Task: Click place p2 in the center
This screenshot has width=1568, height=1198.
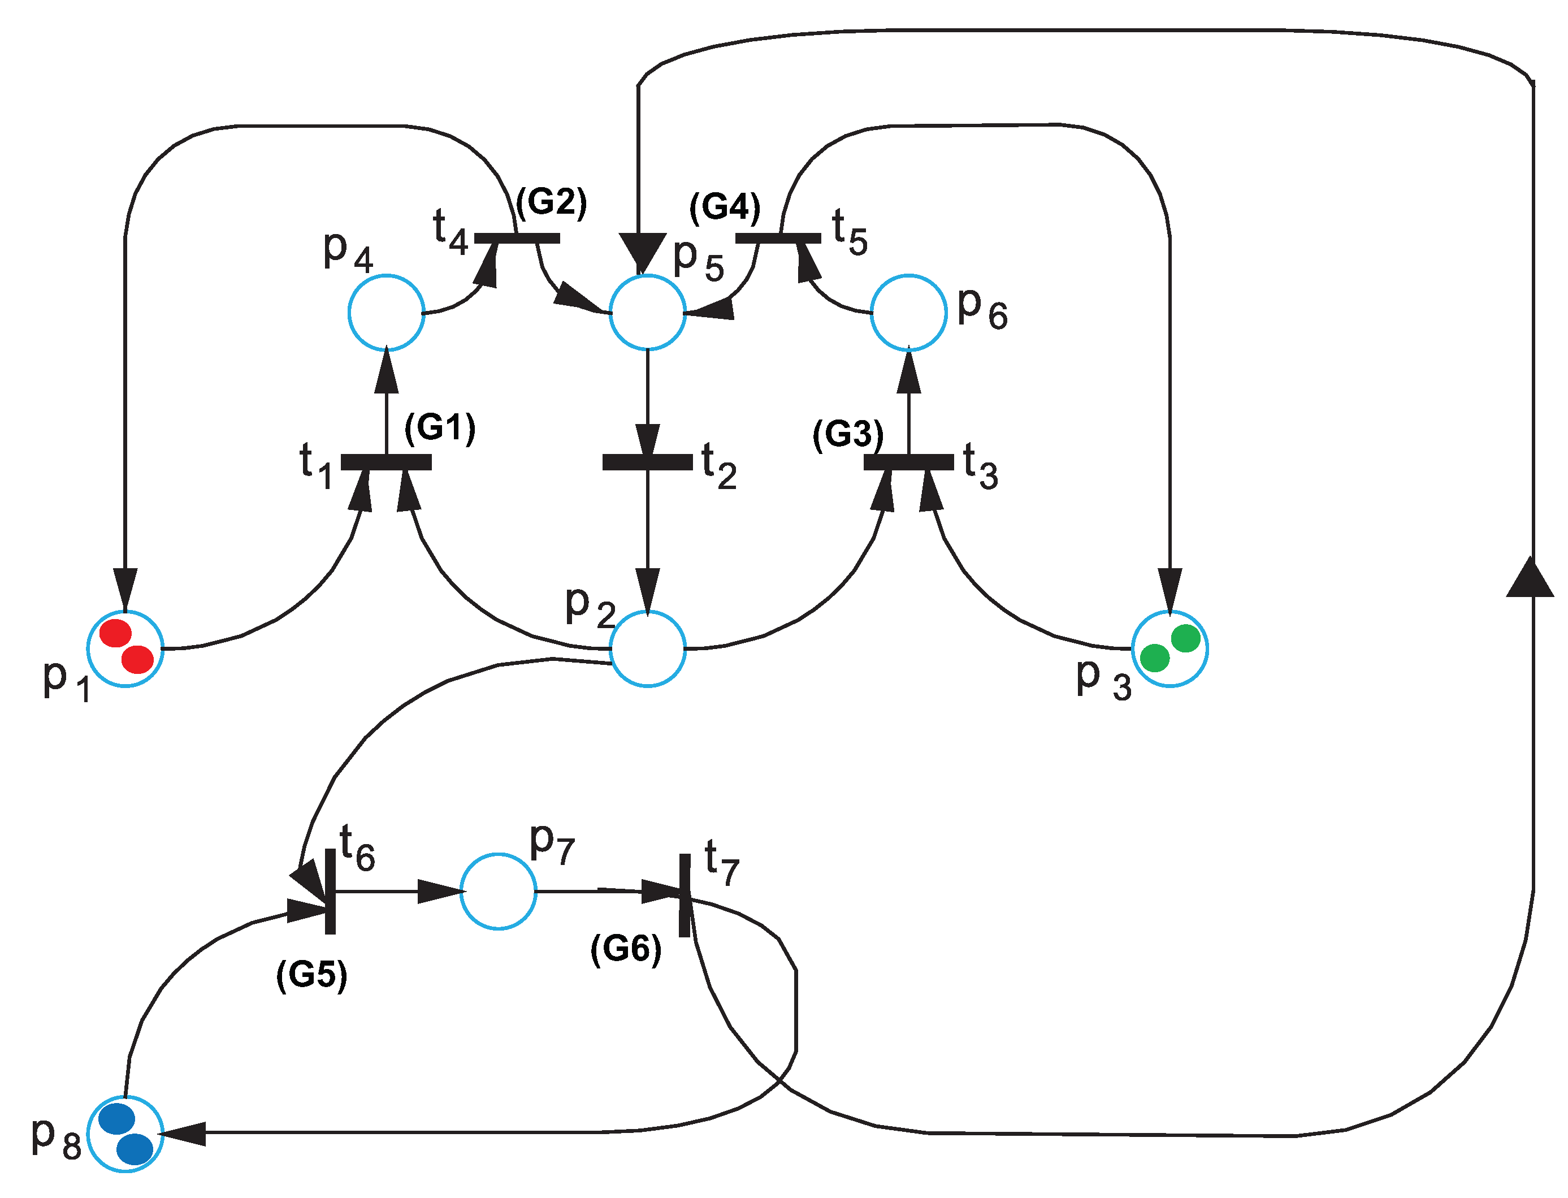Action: pyautogui.click(x=647, y=648)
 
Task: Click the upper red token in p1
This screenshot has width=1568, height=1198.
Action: pyautogui.click(x=115, y=633)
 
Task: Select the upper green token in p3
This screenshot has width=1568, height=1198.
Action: pyautogui.click(x=1185, y=638)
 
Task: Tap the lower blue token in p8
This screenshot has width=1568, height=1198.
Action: pyautogui.click(x=134, y=1149)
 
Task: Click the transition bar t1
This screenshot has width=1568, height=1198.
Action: pyautogui.click(x=385, y=462)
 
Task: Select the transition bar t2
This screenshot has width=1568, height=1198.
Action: pyautogui.click(x=647, y=462)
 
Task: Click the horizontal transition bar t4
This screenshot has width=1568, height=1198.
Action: pyautogui.click(x=517, y=238)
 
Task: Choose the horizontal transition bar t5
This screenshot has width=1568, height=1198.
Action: pyautogui.click(x=777, y=238)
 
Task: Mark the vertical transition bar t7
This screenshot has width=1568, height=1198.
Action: pyautogui.click(x=685, y=894)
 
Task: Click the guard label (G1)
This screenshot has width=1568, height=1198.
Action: pyautogui.click(x=439, y=428)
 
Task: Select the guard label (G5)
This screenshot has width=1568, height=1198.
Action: pyautogui.click(x=311, y=974)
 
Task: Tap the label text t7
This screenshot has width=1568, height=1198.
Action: pyautogui.click(x=721, y=863)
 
